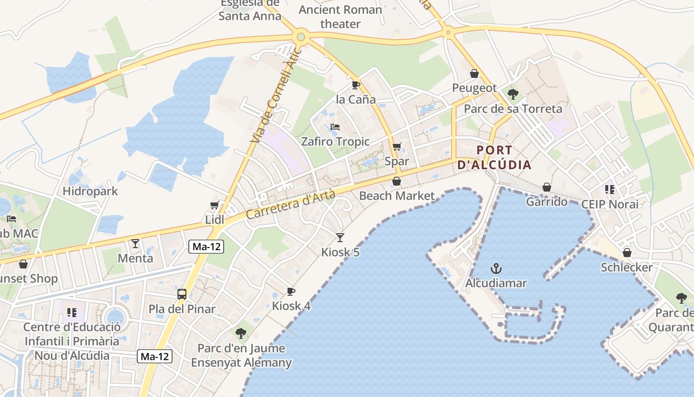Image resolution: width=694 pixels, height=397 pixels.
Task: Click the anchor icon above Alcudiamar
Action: point(496,268)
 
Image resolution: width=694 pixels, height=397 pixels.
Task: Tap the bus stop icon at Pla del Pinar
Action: point(182,294)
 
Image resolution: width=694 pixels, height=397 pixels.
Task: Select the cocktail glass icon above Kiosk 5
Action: point(340,237)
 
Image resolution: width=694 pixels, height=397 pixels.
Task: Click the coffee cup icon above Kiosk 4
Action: point(291,291)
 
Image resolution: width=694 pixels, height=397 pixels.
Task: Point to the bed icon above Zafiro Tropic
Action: point(335,127)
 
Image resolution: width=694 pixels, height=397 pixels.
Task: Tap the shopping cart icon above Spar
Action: point(397,146)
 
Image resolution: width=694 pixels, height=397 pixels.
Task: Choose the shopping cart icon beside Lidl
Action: point(215,205)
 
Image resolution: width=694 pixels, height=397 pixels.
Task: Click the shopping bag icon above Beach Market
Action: point(397,181)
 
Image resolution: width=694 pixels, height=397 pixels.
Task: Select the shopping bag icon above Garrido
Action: point(546,187)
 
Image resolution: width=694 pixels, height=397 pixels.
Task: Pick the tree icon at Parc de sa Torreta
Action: point(513,94)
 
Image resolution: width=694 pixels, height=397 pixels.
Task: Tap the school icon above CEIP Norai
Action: point(609,190)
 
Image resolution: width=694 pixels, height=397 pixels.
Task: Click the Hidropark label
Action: point(90,191)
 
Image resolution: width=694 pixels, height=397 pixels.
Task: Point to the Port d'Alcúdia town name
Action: point(494,157)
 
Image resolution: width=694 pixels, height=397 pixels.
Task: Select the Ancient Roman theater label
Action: point(341,16)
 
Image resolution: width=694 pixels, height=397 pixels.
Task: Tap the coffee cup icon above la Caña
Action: point(355,85)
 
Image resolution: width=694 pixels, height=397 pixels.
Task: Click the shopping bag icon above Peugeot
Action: point(474,73)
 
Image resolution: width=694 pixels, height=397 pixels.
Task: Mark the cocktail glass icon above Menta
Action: point(135,243)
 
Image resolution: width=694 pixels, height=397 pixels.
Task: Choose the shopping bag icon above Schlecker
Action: point(627,253)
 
